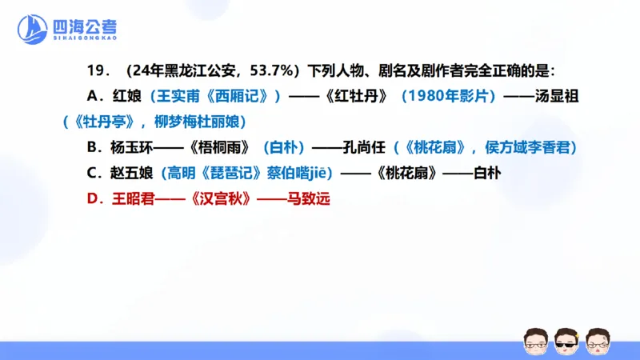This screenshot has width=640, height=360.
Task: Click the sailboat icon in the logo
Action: click(33, 30)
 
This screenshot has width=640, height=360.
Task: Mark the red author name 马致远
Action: click(310, 196)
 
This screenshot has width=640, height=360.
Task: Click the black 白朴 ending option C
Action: click(487, 171)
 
